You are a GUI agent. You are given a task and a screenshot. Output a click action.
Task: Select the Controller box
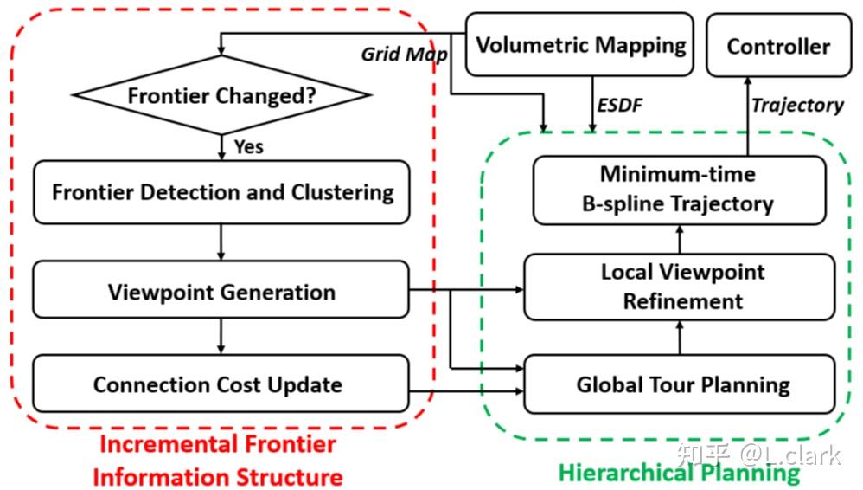coord(777,46)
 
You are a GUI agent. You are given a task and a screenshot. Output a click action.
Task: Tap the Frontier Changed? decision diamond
coord(221,95)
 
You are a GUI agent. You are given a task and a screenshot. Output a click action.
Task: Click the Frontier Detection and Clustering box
coord(221,191)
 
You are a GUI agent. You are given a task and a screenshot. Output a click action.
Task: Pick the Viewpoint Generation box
coord(221,291)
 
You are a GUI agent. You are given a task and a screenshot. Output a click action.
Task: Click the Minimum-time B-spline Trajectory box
coord(679,190)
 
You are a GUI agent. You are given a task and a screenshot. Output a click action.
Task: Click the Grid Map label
coord(404,55)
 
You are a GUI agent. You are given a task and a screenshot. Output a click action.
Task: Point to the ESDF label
coord(619,106)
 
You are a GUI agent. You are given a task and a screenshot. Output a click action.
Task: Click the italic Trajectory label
coord(796,106)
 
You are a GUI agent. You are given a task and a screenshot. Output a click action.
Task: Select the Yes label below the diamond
coord(248,146)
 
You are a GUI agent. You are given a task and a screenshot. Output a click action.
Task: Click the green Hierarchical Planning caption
coord(679,473)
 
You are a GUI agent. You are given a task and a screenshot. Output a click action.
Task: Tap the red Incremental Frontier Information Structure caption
coord(217,461)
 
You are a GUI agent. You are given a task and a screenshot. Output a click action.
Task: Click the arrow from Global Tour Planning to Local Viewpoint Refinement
coord(680,338)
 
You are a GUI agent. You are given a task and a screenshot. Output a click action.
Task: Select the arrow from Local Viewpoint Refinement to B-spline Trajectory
coord(680,239)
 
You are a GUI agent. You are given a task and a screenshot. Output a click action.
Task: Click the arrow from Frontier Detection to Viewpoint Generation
coord(221,242)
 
